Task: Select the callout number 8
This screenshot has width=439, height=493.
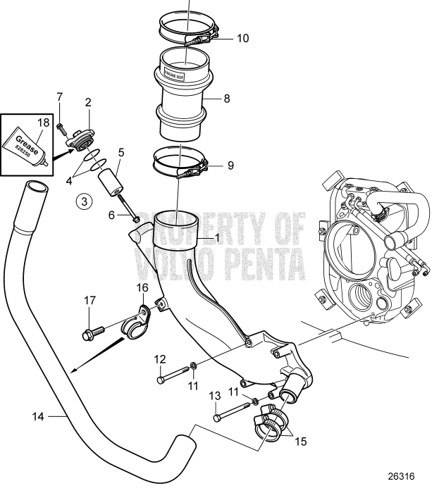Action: [227, 99]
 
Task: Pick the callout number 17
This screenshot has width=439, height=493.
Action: [89, 301]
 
